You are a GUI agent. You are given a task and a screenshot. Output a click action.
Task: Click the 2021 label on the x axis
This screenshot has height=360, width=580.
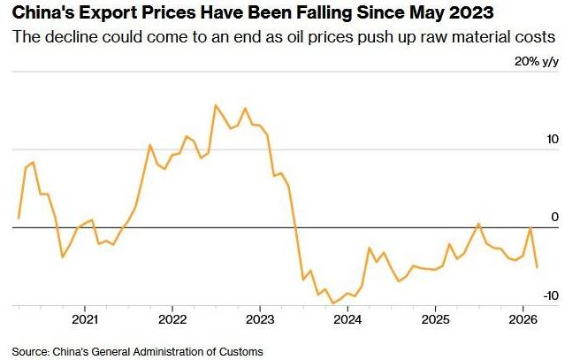coord(85,319)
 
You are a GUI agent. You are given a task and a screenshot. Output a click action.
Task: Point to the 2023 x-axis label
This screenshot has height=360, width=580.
coord(260,319)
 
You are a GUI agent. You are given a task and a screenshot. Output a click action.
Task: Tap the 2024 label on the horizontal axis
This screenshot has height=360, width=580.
coord(347,319)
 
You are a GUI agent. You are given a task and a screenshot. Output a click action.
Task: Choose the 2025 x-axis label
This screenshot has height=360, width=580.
coord(435,319)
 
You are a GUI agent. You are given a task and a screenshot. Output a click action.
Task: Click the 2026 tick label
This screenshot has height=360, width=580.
coord(523,319)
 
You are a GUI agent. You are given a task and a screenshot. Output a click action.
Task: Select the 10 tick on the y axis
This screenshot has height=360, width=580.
coord(553,140)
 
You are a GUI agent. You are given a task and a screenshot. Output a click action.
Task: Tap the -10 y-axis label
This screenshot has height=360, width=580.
coord(551,295)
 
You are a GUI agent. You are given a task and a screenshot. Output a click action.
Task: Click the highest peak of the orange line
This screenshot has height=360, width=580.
coord(216,105)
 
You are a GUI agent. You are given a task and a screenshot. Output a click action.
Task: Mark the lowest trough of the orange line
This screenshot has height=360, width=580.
coord(332,303)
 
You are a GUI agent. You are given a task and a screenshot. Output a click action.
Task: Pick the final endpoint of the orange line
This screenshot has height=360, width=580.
coord(538,266)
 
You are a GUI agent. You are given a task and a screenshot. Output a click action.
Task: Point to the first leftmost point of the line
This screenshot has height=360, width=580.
coord(19,218)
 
